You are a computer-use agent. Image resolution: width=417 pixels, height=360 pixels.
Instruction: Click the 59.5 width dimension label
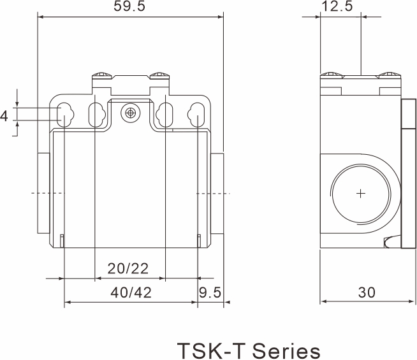(x=131, y=8)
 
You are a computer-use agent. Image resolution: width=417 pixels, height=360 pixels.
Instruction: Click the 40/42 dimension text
(x=130, y=292)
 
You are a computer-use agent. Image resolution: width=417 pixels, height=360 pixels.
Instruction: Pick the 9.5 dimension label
(x=210, y=292)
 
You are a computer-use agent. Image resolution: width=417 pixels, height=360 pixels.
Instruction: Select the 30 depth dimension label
(x=367, y=292)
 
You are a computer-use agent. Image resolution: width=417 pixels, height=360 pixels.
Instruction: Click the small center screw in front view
(x=131, y=113)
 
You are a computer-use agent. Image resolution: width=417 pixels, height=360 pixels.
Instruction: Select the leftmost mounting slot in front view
(x=64, y=115)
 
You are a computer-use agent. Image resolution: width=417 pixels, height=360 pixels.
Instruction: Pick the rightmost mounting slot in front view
(x=197, y=115)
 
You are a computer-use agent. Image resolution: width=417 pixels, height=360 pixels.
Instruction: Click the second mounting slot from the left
(x=96, y=115)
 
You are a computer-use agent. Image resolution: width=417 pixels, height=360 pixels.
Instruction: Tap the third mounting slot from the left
(x=165, y=115)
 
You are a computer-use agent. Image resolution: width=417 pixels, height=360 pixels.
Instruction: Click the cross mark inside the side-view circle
(x=362, y=193)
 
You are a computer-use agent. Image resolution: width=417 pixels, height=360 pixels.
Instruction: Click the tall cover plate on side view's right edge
(x=407, y=172)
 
